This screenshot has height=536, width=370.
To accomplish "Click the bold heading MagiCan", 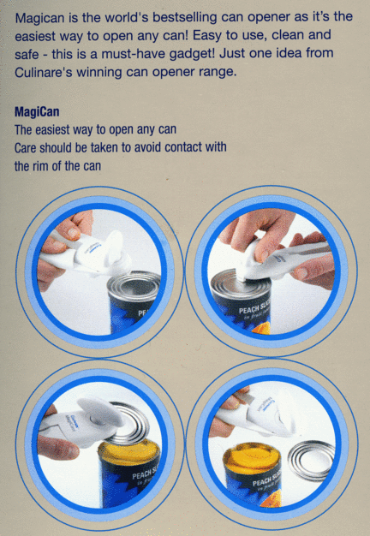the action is pos(37,112).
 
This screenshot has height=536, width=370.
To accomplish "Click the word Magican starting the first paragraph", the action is pos(39,18).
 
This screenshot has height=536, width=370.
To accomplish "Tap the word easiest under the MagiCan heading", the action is pos(50,130).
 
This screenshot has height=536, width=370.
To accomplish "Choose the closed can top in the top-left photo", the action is pos(134,283).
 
